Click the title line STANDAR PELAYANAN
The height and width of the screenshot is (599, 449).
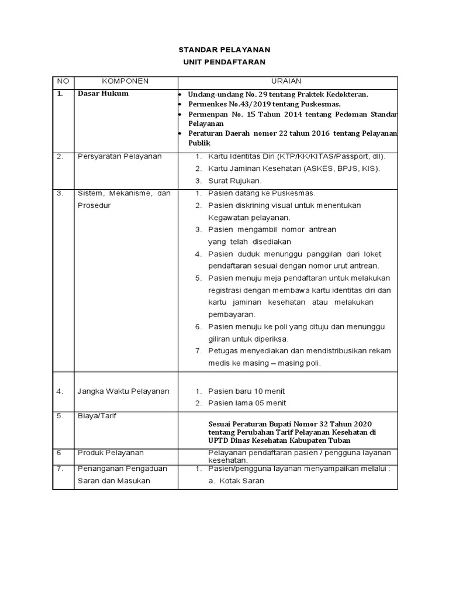[x=225, y=50]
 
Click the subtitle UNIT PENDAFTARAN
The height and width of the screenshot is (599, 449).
[x=225, y=62]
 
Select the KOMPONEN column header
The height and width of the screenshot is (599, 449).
[x=126, y=81]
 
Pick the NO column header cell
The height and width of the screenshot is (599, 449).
[x=63, y=81]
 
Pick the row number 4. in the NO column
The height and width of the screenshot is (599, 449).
[x=60, y=391]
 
